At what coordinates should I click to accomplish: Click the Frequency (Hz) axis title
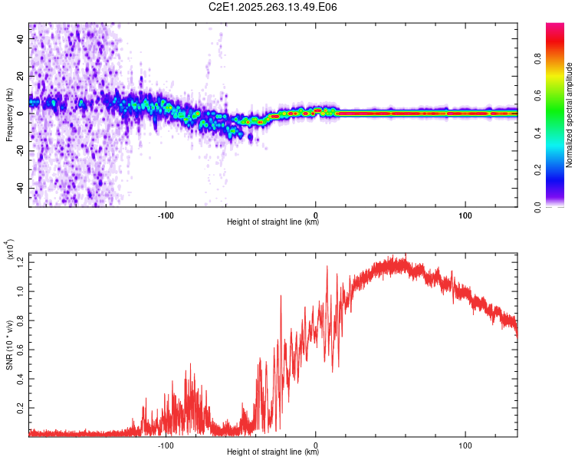[x=9, y=113]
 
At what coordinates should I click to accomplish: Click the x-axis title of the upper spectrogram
[x=273, y=222]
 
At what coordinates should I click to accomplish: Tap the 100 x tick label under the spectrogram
[x=465, y=215]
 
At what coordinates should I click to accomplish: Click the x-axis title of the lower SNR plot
[x=273, y=452]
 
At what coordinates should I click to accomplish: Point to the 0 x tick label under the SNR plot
[x=316, y=445]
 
